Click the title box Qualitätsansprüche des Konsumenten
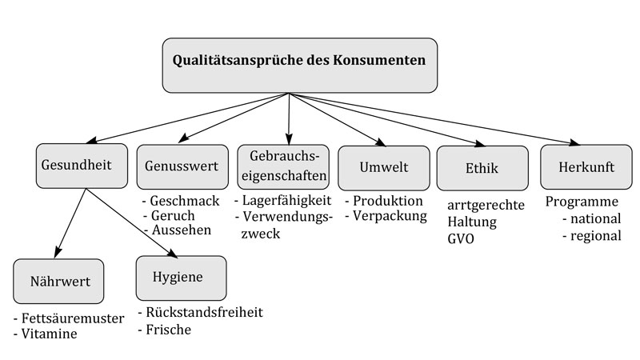(299, 66)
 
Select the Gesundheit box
(82, 166)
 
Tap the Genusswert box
(182, 166)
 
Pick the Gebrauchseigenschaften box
(283, 166)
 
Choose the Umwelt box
(384, 168)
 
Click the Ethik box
(482, 168)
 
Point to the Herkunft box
(586, 166)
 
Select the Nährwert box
(58, 282)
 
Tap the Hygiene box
(182, 278)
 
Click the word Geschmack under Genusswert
(185, 201)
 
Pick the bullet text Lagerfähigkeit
(287, 201)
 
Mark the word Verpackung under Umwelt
(390, 215)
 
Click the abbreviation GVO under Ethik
(461, 238)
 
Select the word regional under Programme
(596, 235)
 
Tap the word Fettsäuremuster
(73, 318)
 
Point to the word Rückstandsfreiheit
(205, 312)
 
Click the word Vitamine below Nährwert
(49, 334)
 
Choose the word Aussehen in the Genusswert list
(182, 230)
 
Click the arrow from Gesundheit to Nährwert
(70, 223)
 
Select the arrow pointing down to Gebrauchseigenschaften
(289, 118)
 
